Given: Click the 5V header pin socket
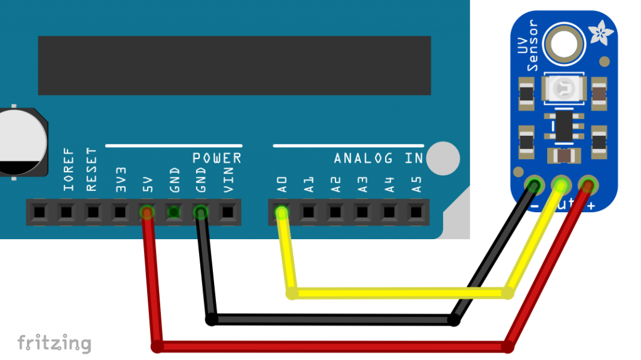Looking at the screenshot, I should coord(147,213).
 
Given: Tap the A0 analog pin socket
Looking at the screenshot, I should coord(282,213).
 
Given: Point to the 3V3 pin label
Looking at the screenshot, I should coord(121,179).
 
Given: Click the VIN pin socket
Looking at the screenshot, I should coord(228,213).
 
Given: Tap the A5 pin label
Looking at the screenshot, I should coord(416,183).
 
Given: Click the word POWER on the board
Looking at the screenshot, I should coord(217,158).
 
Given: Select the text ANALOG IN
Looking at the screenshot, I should coord(378,158).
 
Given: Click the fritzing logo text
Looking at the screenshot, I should coord(54,343).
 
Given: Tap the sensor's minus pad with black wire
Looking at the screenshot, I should coord(535,185).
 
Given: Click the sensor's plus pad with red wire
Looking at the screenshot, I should coord(588,185).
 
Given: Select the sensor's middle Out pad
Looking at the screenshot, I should coord(561,185).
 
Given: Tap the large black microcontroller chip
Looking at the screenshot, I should coord(234,65).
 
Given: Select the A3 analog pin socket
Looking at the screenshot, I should coord(362,213).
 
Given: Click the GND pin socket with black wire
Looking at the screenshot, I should coord(201,213).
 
